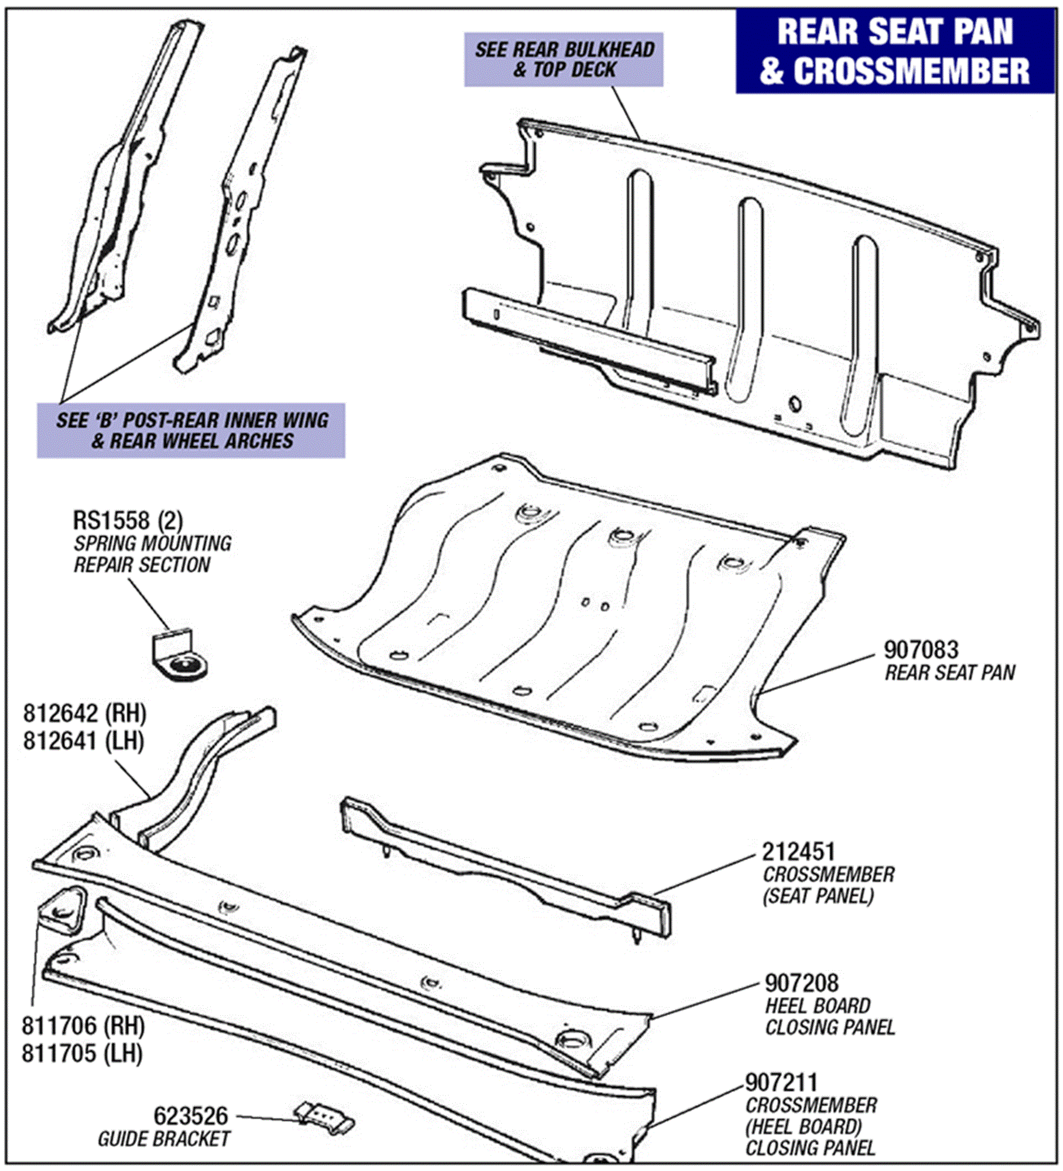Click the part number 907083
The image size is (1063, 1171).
[921, 650]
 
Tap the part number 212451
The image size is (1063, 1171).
[798, 852]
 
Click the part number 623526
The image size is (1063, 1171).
[190, 1116]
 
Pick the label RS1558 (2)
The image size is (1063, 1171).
[128, 520]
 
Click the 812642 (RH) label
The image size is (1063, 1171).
[85, 714]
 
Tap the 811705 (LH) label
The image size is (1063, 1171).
[83, 1053]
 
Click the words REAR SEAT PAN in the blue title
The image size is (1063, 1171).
[895, 32]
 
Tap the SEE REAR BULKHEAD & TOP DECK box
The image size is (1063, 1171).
[563, 60]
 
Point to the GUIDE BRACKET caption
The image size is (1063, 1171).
[163, 1139]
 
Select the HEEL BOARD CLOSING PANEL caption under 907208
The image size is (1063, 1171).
[829, 1016]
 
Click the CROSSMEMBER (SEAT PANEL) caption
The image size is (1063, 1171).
[828, 885]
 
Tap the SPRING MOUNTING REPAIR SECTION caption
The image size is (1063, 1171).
[152, 553]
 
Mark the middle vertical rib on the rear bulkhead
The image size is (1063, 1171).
[744, 299]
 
